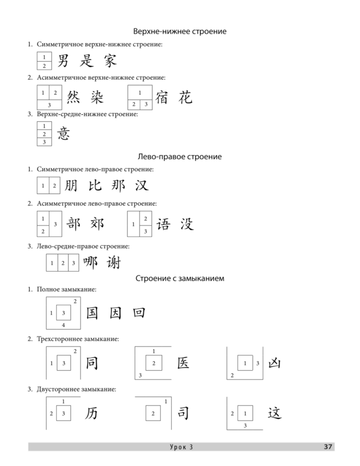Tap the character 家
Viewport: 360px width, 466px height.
pyautogui.click(x=110, y=61)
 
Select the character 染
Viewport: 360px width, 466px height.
pyautogui.click(x=97, y=97)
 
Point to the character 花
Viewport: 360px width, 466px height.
pyautogui.click(x=185, y=97)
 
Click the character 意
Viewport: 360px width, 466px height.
pyautogui.click(x=63, y=134)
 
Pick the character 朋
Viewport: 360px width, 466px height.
pyautogui.click(x=71, y=185)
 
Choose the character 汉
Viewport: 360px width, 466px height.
pyautogui.click(x=141, y=185)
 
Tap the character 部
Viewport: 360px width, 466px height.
pyautogui.click(x=73, y=224)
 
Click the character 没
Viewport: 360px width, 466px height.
pyautogui.click(x=187, y=224)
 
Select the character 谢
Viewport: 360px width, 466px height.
pyautogui.click(x=114, y=263)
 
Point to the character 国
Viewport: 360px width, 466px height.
pyautogui.click(x=92, y=313)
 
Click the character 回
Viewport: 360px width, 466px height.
pyautogui.click(x=139, y=313)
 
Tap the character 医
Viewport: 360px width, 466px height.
pyautogui.click(x=183, y=363)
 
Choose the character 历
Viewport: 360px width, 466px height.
pyautogui.click(x=91, y=413)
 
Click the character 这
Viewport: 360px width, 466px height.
pyautogui.click(x=274, y=413)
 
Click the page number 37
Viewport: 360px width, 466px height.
pyautogui.click(x=328, y=447)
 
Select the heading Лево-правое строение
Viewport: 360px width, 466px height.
pyautogui.click(x=180, y=157)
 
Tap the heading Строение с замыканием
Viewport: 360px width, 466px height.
pyautogui.click(x=180, y=278)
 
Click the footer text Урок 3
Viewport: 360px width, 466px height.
pyautogui.click(x=181, y=447)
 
